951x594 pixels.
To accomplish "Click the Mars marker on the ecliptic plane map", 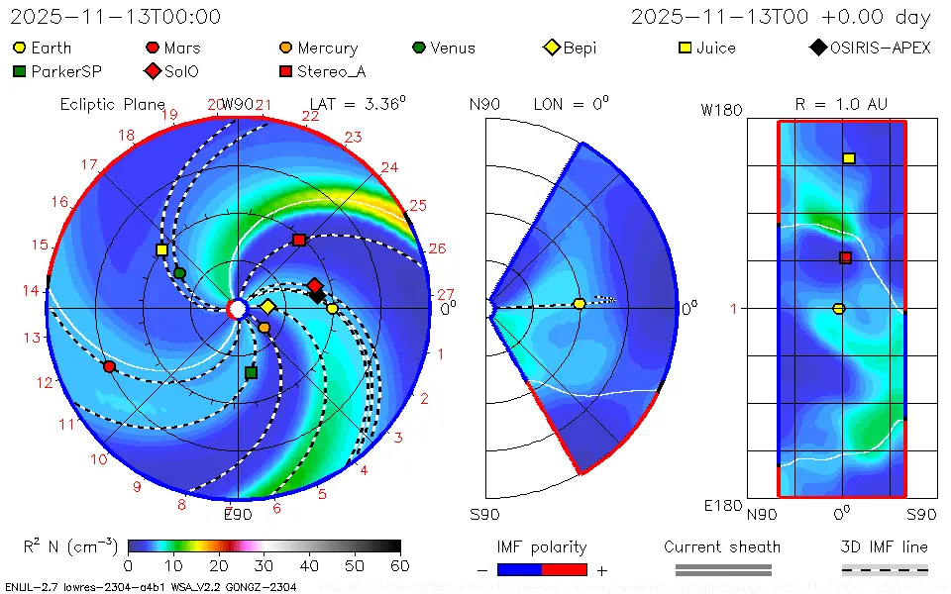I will click(109, 367).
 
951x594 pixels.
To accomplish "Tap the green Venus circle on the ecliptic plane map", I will click(179, 272).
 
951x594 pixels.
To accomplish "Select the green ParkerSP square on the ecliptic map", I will click(251, 373).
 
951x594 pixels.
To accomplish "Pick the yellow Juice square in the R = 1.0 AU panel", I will click(849, 158).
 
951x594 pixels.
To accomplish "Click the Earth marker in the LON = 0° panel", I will click(580, 304).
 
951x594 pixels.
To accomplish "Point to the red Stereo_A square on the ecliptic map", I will click(299, 241).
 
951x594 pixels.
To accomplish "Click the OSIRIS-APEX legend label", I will click(880, 48).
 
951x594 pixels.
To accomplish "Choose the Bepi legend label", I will click(580, 48).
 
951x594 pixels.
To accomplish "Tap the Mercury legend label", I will click(327, 48).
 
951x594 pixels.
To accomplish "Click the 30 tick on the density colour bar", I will click(264, 565).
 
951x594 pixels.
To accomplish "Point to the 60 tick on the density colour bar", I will click(400, 565).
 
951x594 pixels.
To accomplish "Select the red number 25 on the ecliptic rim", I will click(417, 205).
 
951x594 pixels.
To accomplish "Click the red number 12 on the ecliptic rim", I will click(44, 382).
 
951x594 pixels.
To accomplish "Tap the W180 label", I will click(721, 110).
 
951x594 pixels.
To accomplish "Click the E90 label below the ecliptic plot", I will click(238, 514).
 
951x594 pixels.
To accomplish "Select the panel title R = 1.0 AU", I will click(841, 104).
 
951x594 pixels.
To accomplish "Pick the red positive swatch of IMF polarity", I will click(565, 569).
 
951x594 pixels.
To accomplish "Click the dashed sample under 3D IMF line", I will click(885, 569).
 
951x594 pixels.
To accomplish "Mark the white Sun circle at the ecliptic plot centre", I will click(237, 309).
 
